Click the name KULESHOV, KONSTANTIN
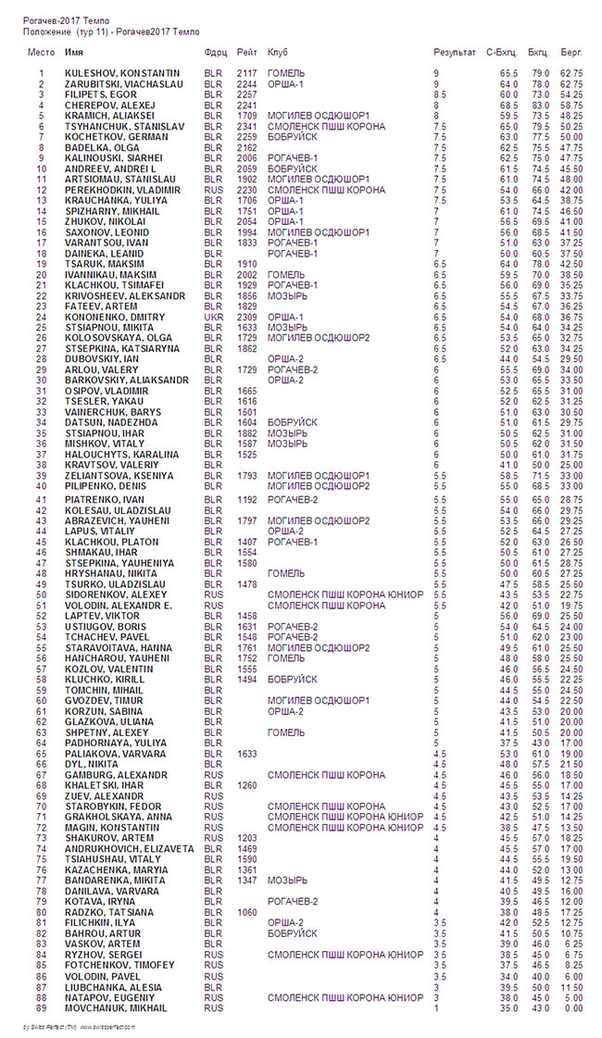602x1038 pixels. point(122,72)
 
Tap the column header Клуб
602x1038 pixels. point(278,53)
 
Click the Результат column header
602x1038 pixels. point(455,53)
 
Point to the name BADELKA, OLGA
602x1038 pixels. point(100,146)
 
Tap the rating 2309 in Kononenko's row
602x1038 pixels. point(246,317)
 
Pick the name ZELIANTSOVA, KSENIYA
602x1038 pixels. point(119,476)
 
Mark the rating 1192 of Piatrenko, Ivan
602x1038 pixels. point(246,500)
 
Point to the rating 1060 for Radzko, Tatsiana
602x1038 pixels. point(246,912)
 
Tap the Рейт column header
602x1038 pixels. point(246,53)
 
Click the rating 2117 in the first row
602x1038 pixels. point(246,72)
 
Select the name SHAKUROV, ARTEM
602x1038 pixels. point(107,838)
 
